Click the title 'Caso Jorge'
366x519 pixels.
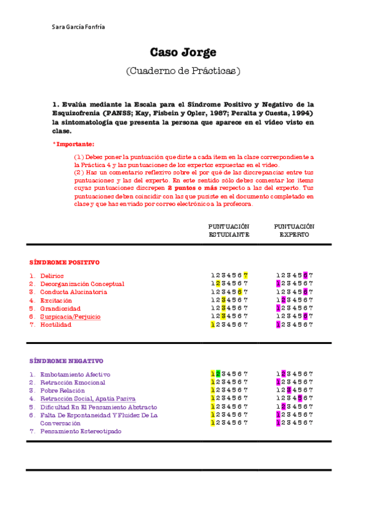coord(183,53)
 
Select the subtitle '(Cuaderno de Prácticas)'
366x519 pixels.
coord(183,71)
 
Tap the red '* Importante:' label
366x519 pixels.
coord(73,144)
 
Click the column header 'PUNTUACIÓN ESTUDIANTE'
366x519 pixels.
coord(229,230)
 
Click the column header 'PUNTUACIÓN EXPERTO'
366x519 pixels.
coord(294,230)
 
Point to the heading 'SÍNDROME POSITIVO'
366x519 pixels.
coord(64,263)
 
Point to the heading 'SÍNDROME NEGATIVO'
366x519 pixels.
coord(66,361)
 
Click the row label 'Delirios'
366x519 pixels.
coord(52,276)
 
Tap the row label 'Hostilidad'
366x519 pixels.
coord(56,325)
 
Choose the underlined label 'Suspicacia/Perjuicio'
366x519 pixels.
coord(70,317)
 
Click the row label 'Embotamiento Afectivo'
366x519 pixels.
coord(75,375)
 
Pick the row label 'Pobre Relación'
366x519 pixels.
coord(62,390)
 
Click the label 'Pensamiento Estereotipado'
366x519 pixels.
coord(81,431)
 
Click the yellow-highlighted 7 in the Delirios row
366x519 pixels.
coord(246,276)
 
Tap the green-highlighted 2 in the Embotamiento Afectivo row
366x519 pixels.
coord(218,375)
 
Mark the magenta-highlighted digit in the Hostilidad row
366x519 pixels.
coord(278,325)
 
